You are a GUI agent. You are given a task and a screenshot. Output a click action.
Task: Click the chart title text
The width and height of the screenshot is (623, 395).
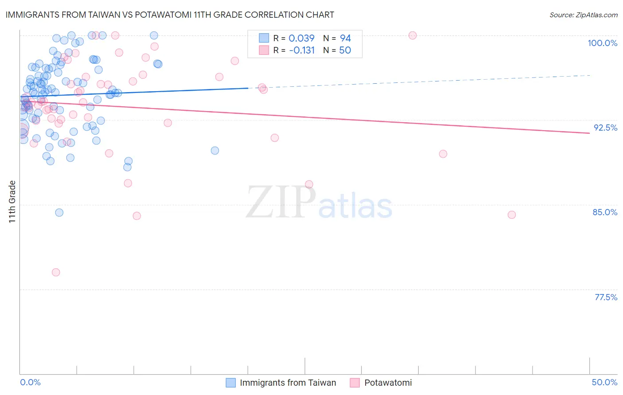170,15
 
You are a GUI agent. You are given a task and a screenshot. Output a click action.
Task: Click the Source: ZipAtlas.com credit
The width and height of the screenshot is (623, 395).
583,15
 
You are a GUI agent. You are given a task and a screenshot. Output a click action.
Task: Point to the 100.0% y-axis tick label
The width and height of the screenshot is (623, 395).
602,43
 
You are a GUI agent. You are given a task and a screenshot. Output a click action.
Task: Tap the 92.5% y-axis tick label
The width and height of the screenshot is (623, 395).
605,128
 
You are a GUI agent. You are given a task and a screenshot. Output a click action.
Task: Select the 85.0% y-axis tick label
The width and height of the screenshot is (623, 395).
605,212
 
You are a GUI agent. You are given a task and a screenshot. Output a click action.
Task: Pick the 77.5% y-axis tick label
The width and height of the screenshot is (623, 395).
606,297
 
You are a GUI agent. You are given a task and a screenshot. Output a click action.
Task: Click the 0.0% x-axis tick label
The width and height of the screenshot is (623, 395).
30,382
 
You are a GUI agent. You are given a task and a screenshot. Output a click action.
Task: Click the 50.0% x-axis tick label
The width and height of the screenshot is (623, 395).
604,382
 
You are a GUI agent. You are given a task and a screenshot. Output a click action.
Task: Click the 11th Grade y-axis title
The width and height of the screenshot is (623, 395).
12,201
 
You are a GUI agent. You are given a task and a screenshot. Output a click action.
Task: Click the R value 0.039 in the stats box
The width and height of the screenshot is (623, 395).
301,39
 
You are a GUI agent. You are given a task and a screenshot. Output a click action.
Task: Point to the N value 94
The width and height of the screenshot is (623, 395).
345,39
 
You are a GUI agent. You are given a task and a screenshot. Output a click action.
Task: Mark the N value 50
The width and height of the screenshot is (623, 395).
345,50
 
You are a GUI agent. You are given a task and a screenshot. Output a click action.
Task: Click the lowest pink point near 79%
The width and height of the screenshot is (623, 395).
56,272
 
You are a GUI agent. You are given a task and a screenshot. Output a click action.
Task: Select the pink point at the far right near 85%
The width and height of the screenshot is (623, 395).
512,215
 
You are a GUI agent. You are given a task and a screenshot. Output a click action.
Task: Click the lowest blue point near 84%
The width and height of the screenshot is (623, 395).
59,213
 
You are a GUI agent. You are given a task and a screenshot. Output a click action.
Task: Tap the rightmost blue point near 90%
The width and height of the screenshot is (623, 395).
215,151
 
